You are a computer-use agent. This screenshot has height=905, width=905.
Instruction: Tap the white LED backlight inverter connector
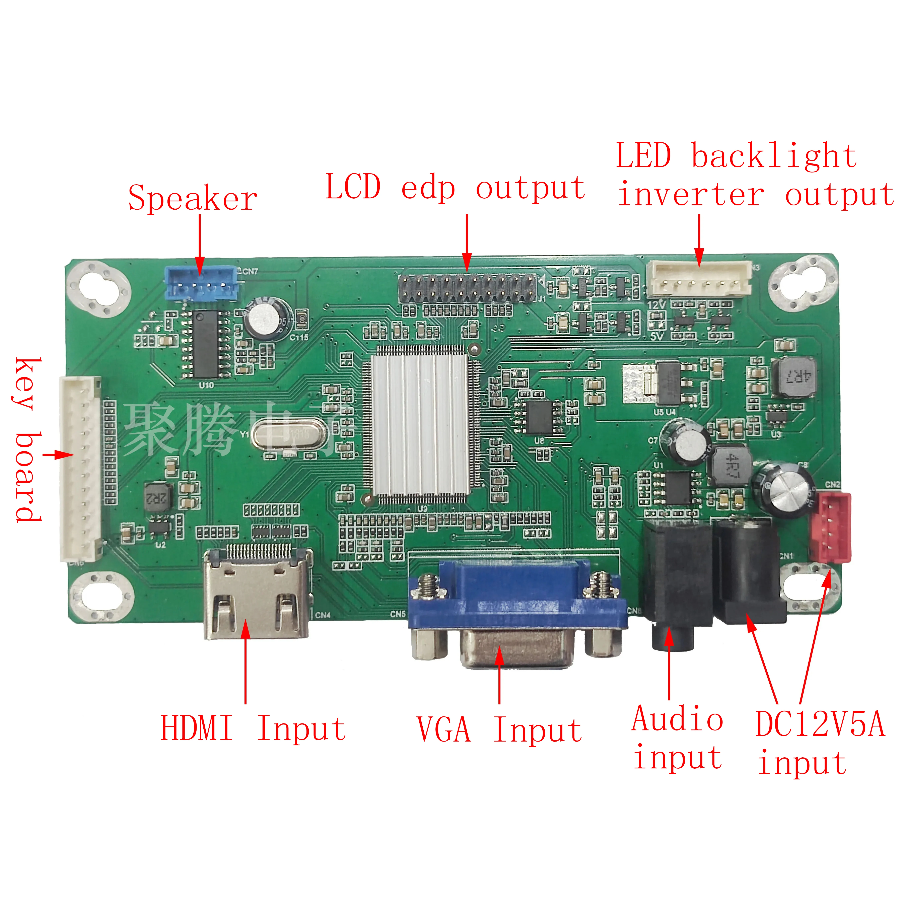[x=699, y=279]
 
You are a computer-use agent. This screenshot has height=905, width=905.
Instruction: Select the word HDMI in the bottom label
[x=197, y=728]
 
